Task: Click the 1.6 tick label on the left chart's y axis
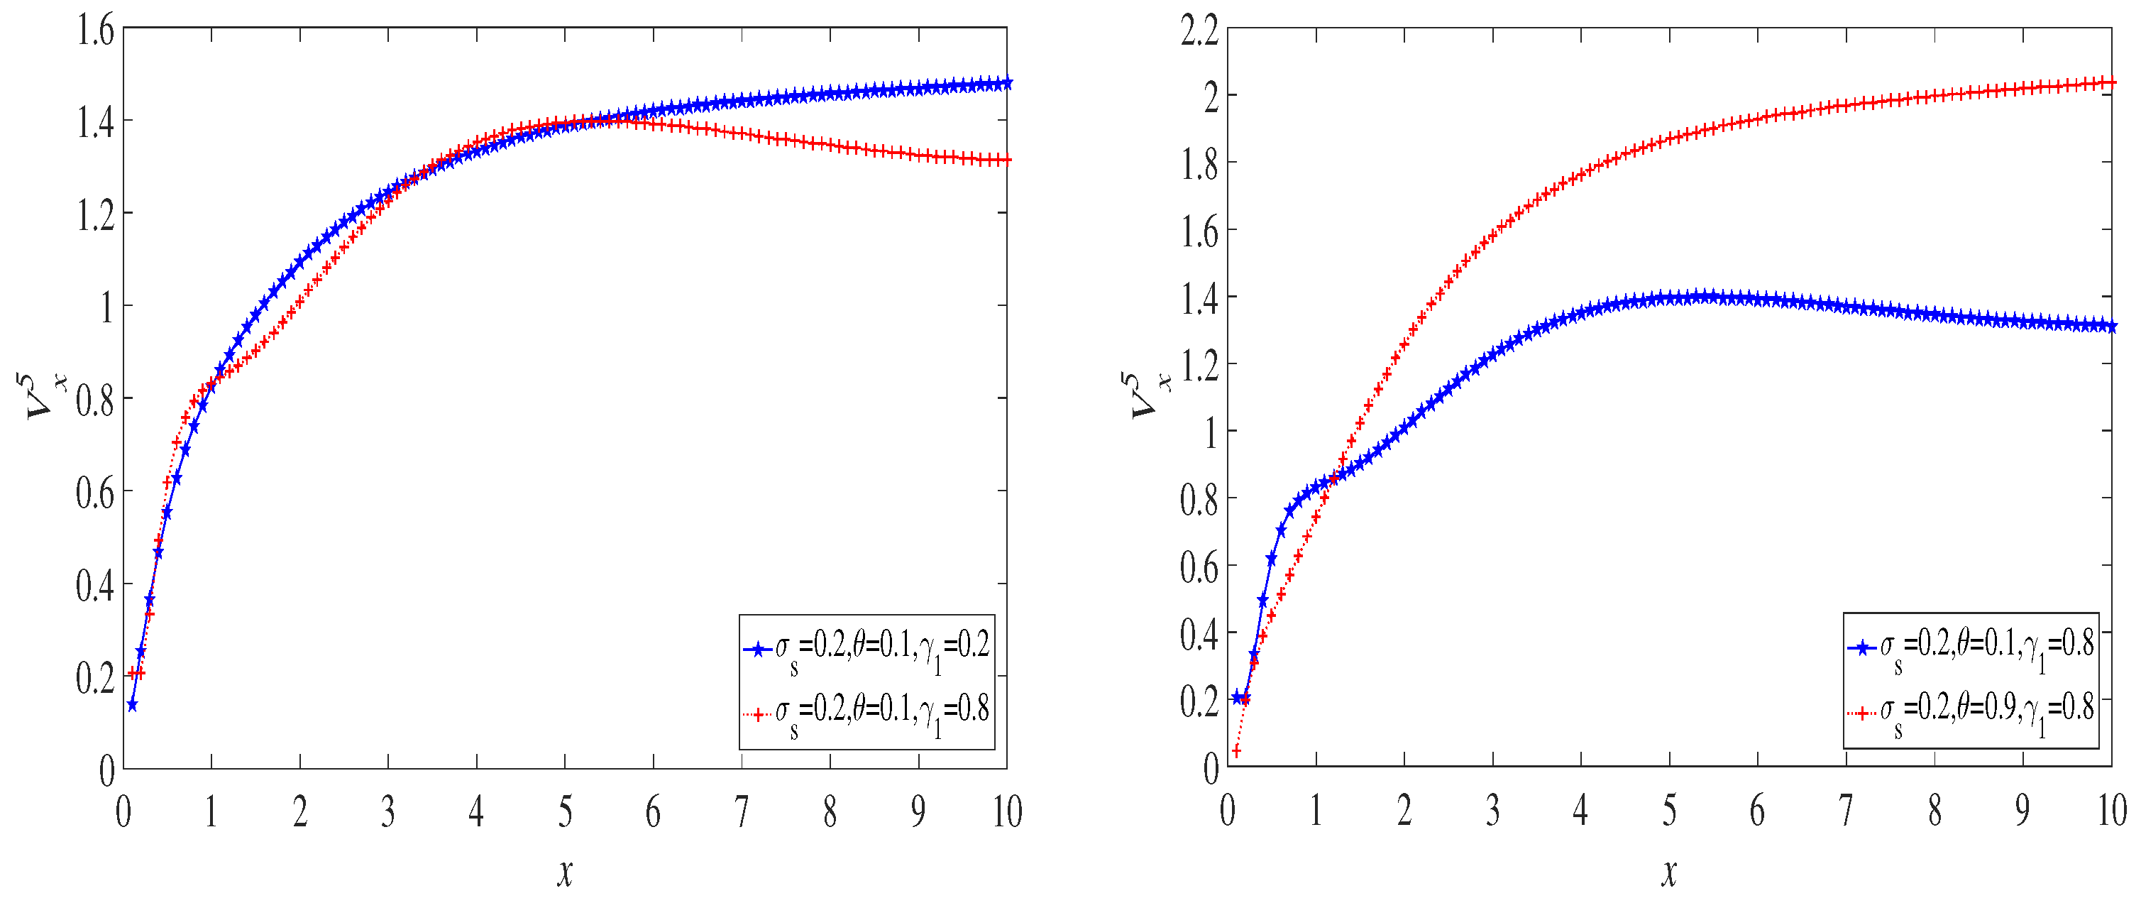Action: pos(95,32)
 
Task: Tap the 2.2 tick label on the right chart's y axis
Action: pos(1199,32)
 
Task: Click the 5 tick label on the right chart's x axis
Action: pos(1669,811)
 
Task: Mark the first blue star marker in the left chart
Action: pos(132,705)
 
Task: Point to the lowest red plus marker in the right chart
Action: pos(1236,752)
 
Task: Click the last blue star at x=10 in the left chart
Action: pos(1006,83)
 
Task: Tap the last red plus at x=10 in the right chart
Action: pos(2111,82)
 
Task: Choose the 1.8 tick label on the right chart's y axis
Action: pos(1199,165)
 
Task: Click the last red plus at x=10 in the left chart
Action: pos(1006,160)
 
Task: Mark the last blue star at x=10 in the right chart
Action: pos(2111,327)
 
